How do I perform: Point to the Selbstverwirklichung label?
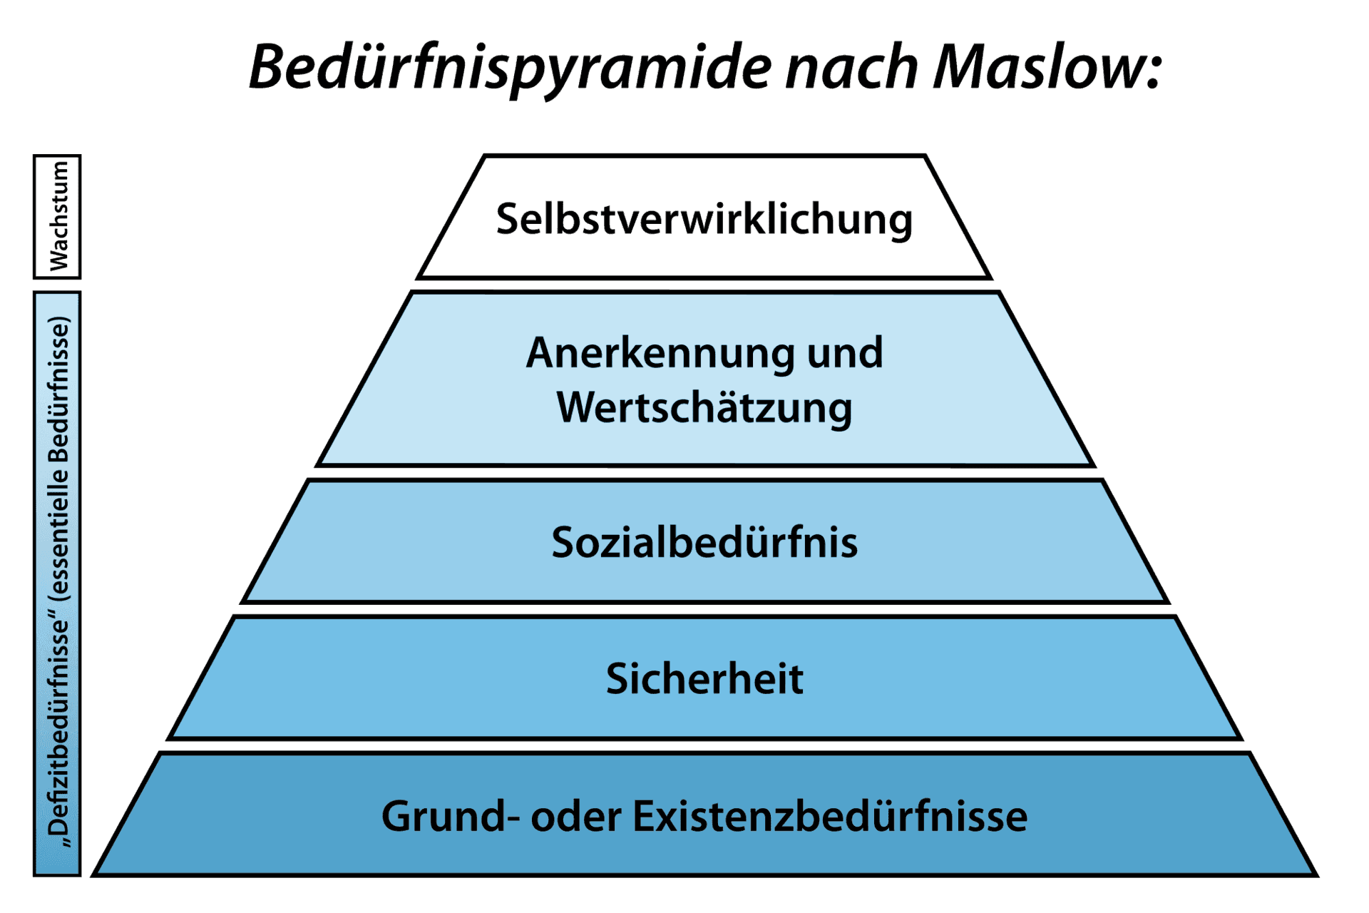(x=704, y=219)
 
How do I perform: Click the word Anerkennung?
(x=660, y=352)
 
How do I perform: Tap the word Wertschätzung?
(x=704, y=408)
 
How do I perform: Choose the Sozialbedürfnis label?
(x=704, y=542)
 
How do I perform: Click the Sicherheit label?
(x=704, y=678)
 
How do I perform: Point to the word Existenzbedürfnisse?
(x=830, y=816)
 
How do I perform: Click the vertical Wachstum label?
(x=58, y=216)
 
